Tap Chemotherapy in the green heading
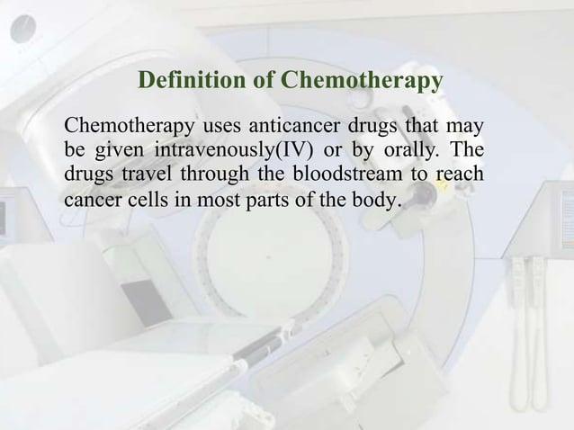click(x=362, y=83)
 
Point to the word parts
click(x=261, y=197)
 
